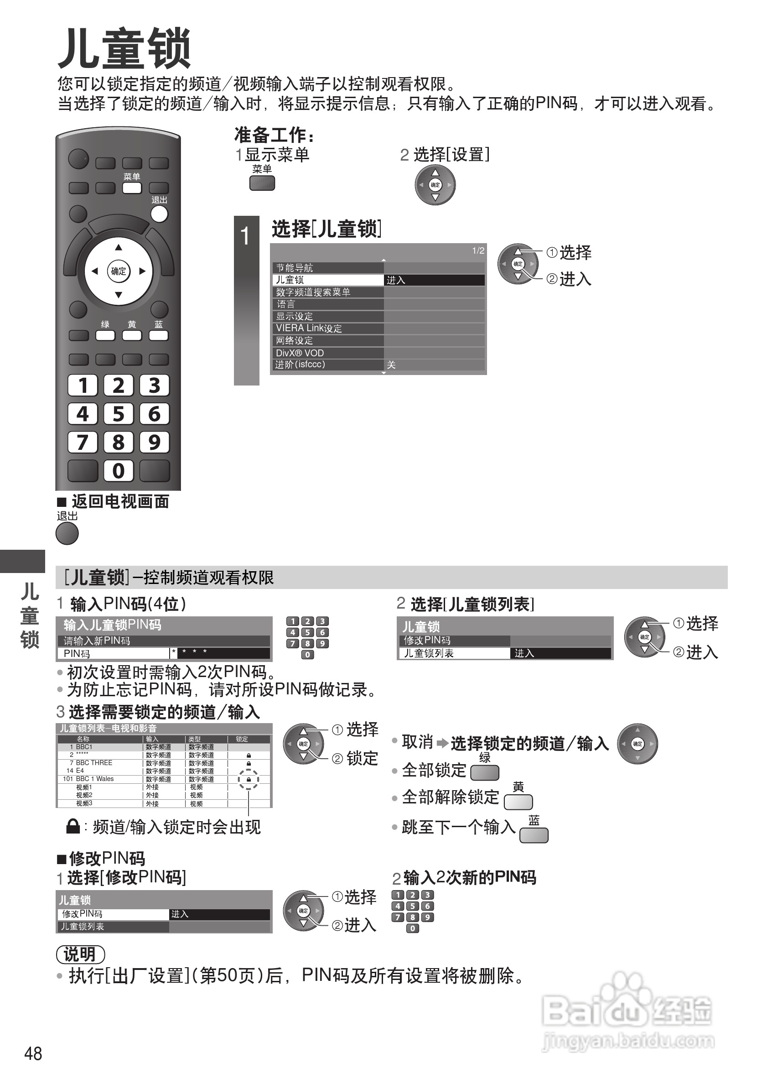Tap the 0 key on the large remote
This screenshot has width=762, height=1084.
pos(119,471)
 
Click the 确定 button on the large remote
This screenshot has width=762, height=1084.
pos(119,271)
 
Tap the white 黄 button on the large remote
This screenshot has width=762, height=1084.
pos(132,335)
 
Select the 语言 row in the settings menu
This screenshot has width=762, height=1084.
pos(328,304)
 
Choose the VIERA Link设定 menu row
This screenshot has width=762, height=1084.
pos(328,328)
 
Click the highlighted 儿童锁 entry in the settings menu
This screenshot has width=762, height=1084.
pos(328,280)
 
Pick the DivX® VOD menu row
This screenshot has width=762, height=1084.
pos(328,353)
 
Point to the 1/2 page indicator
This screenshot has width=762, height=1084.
pos(478,251)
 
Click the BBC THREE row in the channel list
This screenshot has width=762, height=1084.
pos(94,762)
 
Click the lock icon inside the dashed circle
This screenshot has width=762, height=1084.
pos(249,780)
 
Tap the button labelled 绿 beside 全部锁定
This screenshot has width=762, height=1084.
pos(485,772)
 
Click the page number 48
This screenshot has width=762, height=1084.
pos(33,1053)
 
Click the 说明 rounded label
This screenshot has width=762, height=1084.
pos(80,954)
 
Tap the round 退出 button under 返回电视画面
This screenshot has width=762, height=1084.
pos(67,533)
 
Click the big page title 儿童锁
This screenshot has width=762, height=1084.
pos(124,49)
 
